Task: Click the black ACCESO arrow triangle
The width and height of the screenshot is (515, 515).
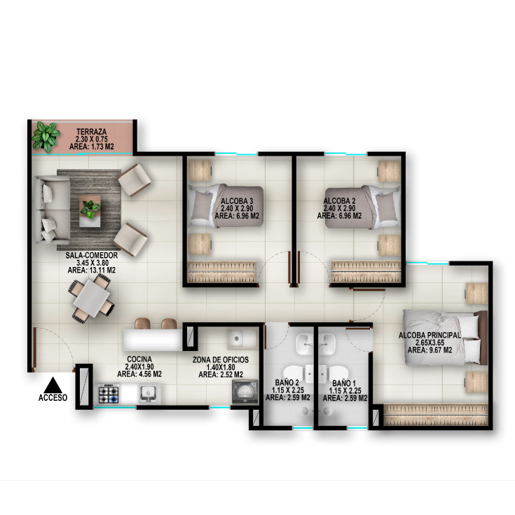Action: [53, 385]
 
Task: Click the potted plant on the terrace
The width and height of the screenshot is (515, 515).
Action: [46, 137]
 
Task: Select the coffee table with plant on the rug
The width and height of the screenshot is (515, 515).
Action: [90, 211]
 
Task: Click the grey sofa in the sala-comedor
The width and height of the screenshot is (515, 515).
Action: [53, 210]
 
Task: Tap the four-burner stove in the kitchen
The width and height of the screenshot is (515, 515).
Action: [109, 394]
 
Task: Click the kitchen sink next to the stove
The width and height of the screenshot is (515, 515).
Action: [148, 394]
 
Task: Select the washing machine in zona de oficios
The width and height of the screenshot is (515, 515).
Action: [245, 392]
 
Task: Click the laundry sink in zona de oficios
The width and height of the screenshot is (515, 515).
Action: [242, 339]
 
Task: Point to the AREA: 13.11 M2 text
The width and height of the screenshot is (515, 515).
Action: [92, 270]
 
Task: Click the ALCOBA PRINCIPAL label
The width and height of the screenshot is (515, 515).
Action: [430, 335]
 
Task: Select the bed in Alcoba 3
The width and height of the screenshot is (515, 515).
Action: [226, 206]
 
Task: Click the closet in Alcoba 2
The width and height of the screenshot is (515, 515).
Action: [366, 272]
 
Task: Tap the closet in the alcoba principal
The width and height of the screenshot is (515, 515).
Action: [436, 415]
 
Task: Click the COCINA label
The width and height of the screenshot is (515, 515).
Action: [139, 359]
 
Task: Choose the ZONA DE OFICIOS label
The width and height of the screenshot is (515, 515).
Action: [221, 359]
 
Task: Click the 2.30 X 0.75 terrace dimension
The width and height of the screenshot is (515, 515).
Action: [92, 139]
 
